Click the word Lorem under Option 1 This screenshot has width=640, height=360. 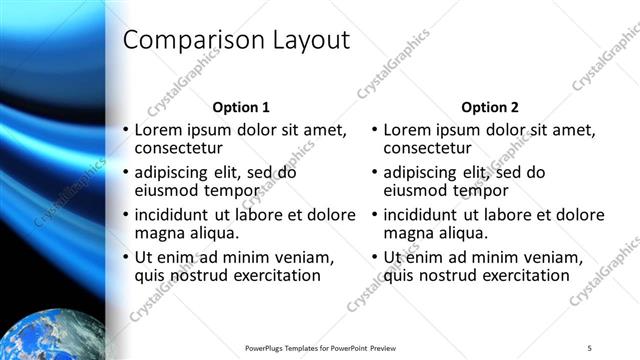click(158, 130)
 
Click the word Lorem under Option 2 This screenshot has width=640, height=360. click(406, 130)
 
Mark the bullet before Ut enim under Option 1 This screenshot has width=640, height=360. click(125, 257)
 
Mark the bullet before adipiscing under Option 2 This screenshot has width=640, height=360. click(374, 172)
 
